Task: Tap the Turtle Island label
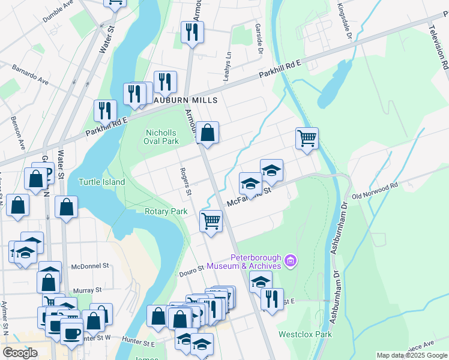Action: pos(102,182)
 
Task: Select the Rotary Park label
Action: pos(166,211)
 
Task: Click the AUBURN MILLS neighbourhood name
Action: pos(184,100)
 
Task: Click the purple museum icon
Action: pos(291,261)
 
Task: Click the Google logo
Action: pos(20,353)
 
